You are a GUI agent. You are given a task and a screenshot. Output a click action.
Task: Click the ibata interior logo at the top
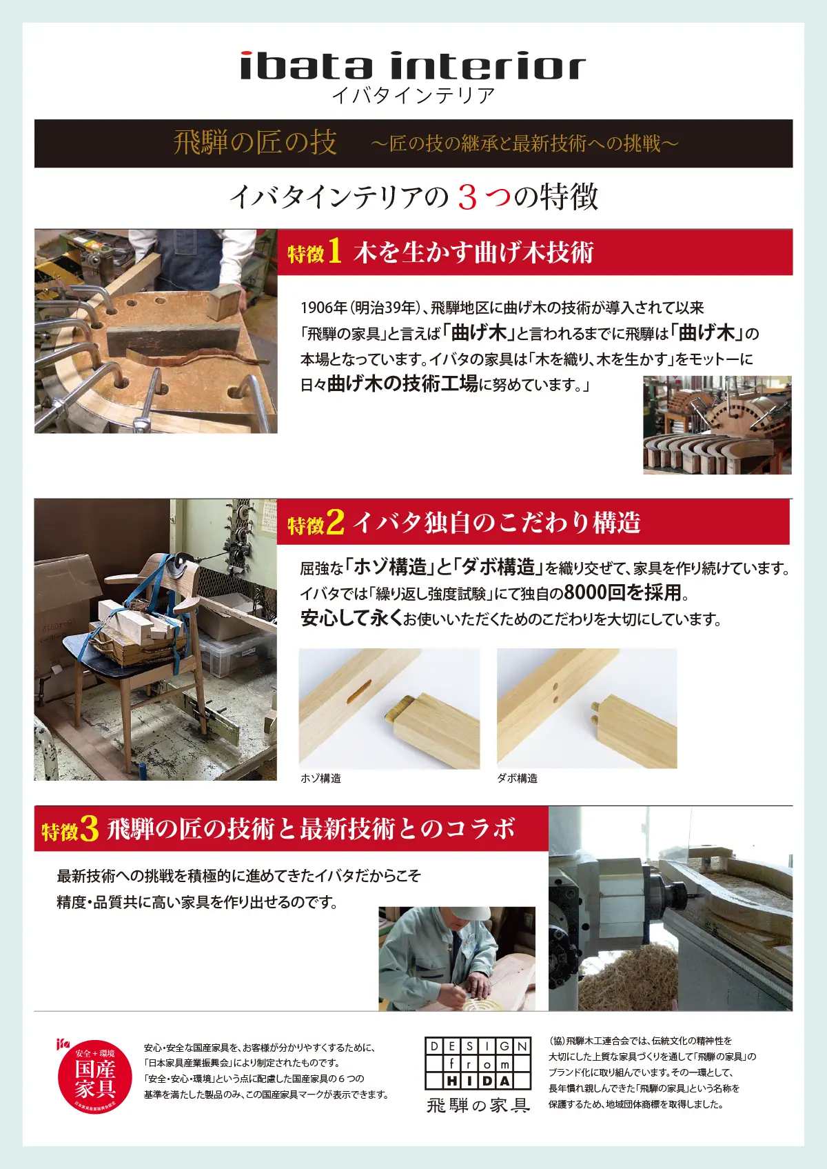click(x=413, y=66)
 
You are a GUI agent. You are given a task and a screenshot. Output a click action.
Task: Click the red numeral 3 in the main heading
click(x=467, y=198)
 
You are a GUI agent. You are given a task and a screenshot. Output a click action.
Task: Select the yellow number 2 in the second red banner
click(x=335, y=521)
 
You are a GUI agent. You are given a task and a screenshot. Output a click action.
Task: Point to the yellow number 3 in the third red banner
click(x=89, y=828)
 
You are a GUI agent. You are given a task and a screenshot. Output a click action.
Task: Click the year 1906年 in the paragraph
click(x=324, y=308)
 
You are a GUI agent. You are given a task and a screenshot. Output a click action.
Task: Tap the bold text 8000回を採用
click(x=622, y=592)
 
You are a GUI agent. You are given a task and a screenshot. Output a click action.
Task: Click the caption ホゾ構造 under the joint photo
click(x=320, y=778)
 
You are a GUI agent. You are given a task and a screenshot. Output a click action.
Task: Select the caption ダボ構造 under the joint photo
click(x=518, y=778)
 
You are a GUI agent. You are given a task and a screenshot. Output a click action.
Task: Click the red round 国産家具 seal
click(x=94, y=1077)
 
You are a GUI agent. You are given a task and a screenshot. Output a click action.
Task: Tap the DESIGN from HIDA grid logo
click(x=478, y=1063)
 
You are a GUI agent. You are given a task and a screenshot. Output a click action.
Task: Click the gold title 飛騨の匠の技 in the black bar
click(x=255, y=143)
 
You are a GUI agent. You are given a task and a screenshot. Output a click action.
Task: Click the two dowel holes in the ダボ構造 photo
click(x=555, y=692)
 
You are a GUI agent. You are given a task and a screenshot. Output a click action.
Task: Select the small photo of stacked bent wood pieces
click(x=717, y=425)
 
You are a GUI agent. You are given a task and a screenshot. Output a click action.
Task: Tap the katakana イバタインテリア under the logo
click(x=413, y=95)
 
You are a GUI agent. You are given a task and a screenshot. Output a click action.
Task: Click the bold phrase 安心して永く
click(x=351, y=619)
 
